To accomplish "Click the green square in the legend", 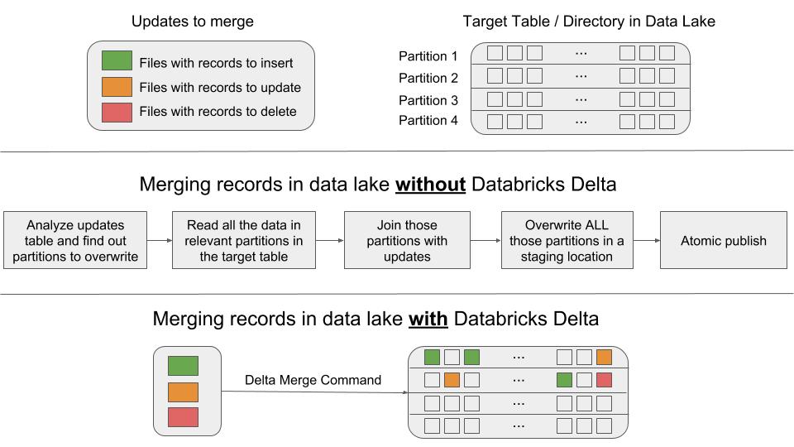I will point(117,62).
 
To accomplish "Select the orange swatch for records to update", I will point(117,87).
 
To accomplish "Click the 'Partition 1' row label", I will point(428,56).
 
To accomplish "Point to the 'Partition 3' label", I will point(428,100).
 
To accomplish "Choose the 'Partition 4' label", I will point(428,121).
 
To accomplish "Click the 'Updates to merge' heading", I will point(193,22).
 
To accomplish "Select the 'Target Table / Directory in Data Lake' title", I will point(589,22).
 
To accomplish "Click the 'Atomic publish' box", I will point(724,241).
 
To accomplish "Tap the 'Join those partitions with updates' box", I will point(407,241).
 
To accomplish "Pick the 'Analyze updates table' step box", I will point(76,241).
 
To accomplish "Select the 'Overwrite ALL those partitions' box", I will point(567,241).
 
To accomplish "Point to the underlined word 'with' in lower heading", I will point(428,319).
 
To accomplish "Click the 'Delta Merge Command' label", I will point(313,380).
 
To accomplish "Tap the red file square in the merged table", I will point(604,380).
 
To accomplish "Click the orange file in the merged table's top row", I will point(604,358).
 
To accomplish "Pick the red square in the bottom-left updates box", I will point(183,417).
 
